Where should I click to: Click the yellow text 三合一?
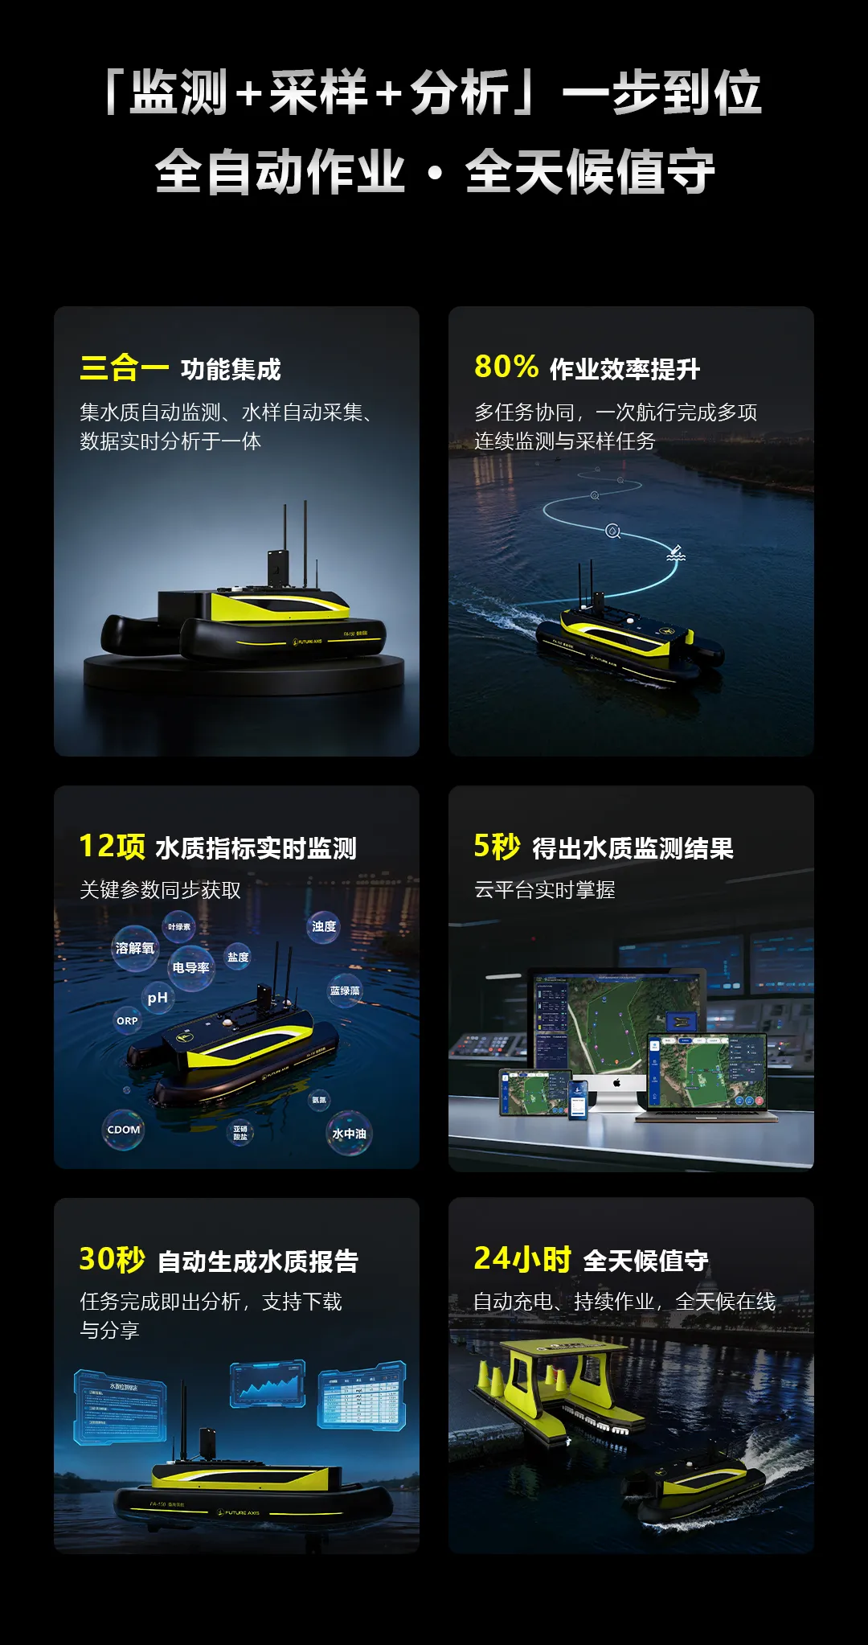124,368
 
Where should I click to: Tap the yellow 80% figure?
506,367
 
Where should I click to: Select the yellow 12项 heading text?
112,847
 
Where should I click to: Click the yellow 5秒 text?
497,847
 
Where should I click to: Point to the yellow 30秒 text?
112,1259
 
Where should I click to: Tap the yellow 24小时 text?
522,1258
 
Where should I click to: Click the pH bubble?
158,998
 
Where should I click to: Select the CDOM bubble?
123,1130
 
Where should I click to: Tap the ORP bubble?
127,1020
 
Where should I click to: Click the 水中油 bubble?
349,1133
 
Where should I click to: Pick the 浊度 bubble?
324,926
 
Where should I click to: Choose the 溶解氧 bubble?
134,948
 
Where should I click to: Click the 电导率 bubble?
190,968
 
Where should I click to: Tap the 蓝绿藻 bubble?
345,991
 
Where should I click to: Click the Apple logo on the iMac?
617,1083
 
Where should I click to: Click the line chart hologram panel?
268,1384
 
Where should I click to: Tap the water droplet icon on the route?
612,531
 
